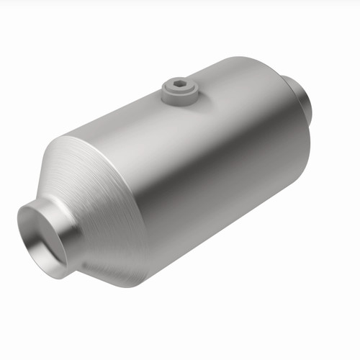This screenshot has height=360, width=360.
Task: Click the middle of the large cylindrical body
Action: coord(209,166)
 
